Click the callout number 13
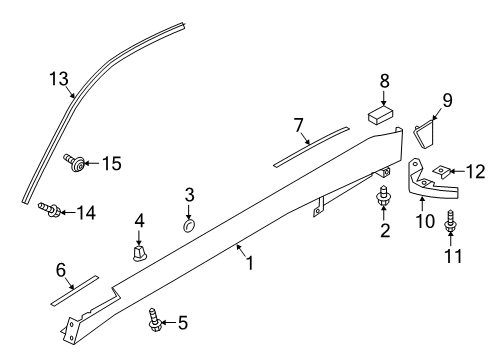coord(61,80)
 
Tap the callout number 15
coord(111,161)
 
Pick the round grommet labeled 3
coord(189,225)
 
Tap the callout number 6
coord(61,269)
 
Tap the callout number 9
coord(447,100)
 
